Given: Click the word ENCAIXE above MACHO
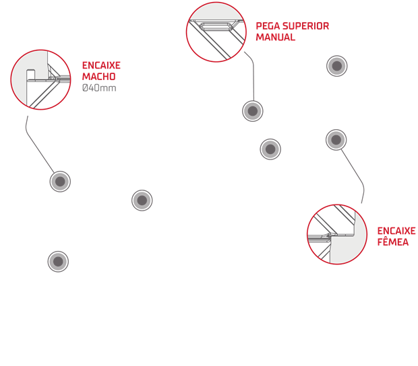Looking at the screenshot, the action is click(x=101, y=65).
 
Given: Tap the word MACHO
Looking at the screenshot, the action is click(x=98, y=77).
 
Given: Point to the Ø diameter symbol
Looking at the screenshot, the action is click(x=85, y=87).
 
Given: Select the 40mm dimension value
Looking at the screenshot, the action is click(x=102, y=87).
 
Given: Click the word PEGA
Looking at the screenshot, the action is click(x=268, y=26).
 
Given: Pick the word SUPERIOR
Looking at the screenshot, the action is click(x=306, y=26).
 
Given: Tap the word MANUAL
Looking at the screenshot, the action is click(x=275, y=37).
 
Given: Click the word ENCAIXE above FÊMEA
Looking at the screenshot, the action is click(x=396, y=231).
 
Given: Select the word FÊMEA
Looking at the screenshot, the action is click(x=393, y=242).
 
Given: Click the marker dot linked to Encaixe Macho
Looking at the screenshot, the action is click(x=60, y=182).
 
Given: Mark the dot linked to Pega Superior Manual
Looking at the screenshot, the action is click(x=253, y=111).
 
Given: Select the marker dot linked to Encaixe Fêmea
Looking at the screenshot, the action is click(x=336, y=140).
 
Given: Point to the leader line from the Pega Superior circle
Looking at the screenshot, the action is click(x=253, y=75).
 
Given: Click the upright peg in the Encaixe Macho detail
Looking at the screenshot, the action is click(x=30, y=75).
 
